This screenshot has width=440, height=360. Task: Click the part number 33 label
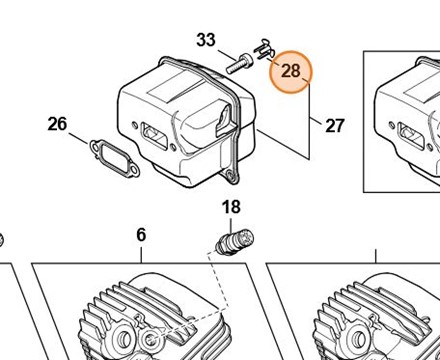[206, 40]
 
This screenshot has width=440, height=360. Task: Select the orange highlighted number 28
[291, 71]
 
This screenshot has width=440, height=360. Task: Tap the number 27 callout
[334, 126]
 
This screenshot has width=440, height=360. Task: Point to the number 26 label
[57, 124]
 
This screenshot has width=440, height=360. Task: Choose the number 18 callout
[231, 207]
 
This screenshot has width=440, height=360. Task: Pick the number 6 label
[141, 235]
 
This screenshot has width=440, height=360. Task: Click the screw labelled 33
[239, 64]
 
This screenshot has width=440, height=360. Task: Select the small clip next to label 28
[264, 50]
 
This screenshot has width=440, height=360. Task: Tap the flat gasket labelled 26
[114, 158]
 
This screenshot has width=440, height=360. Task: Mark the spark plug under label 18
[235, 242]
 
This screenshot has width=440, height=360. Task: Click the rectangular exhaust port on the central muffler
[155, 135]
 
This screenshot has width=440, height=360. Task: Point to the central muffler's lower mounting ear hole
[231, 175]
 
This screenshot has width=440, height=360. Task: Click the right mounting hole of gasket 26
[134, 171]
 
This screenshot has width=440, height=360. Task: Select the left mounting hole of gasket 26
[95, 146]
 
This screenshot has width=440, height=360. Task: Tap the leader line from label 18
[231, 226]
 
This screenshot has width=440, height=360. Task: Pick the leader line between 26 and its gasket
[79, 138]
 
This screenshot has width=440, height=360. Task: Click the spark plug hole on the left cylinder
[151, 340]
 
